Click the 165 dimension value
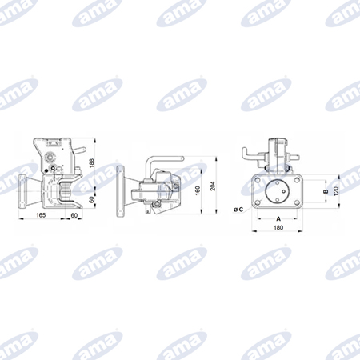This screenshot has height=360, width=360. [x=41, y=215]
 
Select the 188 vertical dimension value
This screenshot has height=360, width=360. [x=92, y=163]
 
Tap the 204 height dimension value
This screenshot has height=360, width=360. [x=213, y=186]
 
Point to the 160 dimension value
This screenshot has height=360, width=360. [x=198, y=190]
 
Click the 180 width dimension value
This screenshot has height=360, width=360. [x=278, y=227]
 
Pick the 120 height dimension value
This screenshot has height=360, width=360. [x=336, y=191]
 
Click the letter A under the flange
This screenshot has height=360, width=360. [x=278, y=219]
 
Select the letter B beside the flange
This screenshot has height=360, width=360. [x=326, y=191]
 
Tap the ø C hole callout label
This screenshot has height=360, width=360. [x=238, y=210]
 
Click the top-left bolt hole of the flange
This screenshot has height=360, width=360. [x=258, y=180]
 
